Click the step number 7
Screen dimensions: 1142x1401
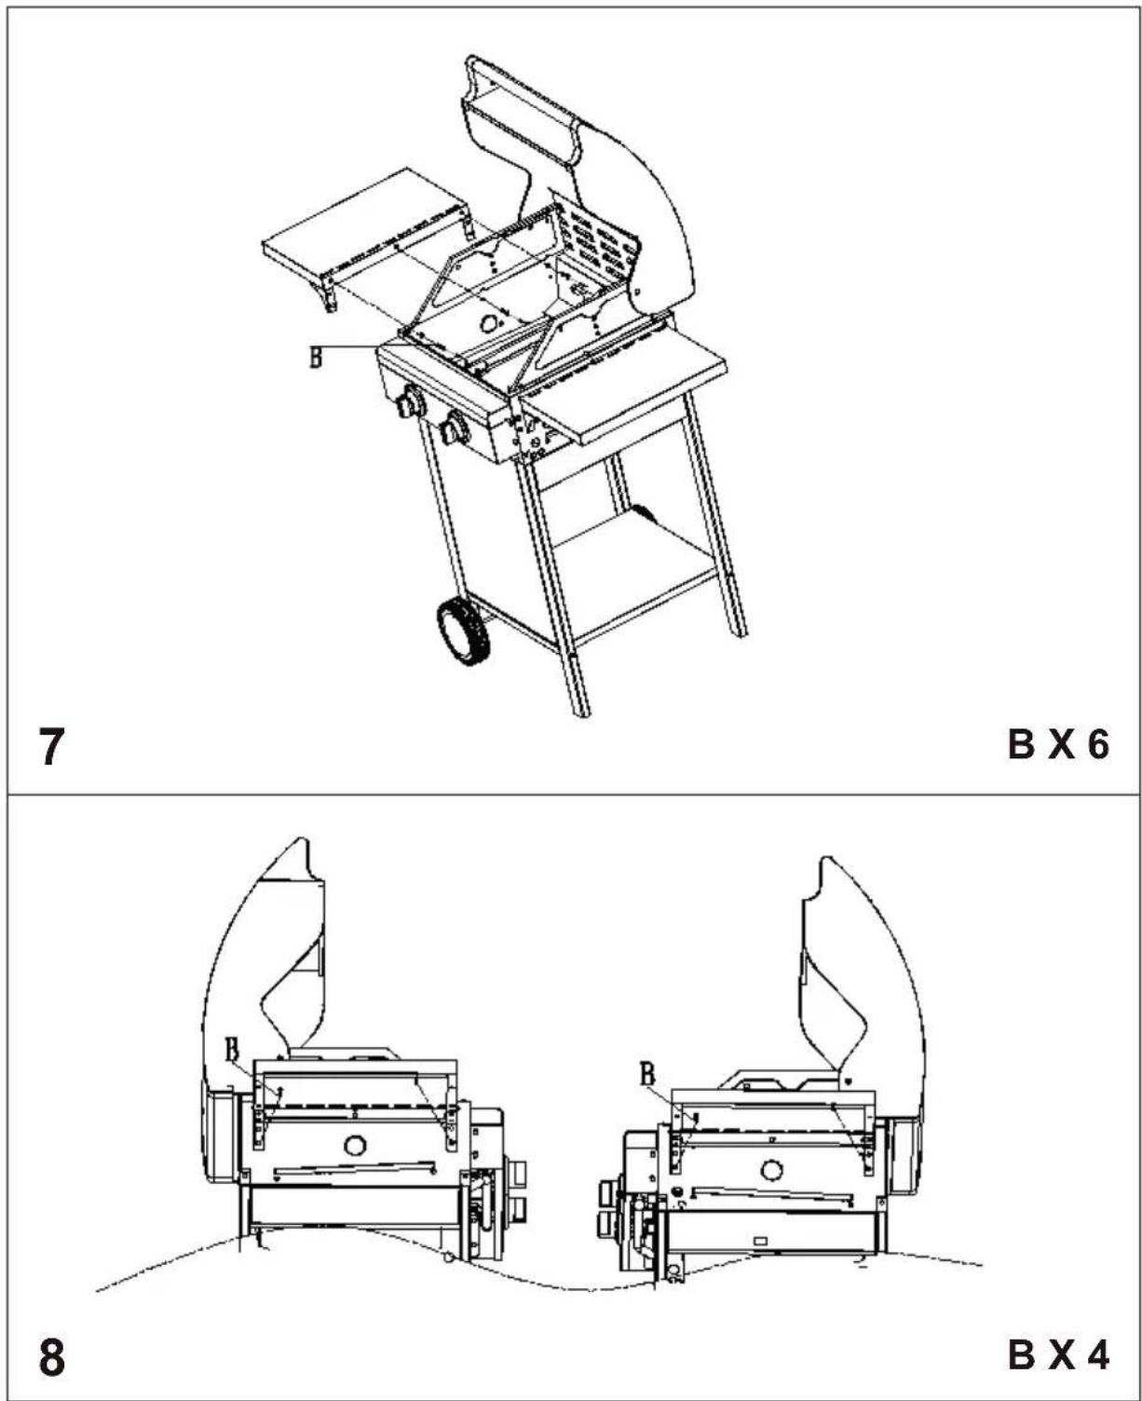(x=51, y=746)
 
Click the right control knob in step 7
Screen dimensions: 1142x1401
(x=455, y=428)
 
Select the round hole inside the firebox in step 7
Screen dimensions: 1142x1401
(x=490, y=323)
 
